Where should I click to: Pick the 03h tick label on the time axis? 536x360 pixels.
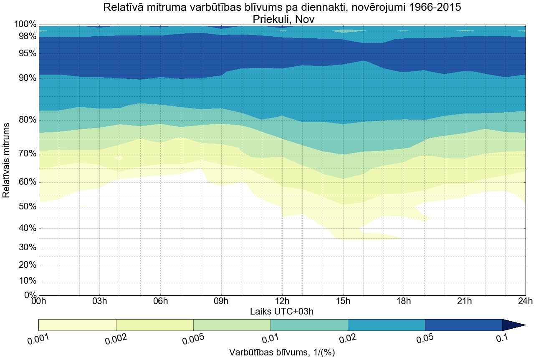[99, 301]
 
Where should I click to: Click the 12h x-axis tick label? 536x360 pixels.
[282, 301]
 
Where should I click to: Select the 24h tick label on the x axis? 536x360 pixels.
[525, 301]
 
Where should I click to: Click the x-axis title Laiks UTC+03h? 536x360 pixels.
[282, 311]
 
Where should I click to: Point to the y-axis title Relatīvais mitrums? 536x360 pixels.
[7, 160]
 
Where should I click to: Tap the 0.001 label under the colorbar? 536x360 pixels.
[38, 340]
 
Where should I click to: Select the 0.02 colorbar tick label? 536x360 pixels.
[348, 340]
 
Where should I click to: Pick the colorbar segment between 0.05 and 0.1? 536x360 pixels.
[463, 325]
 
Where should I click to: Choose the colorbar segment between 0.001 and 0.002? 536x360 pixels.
[77, 325]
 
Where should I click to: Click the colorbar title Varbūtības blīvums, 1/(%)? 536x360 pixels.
[282, 352]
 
